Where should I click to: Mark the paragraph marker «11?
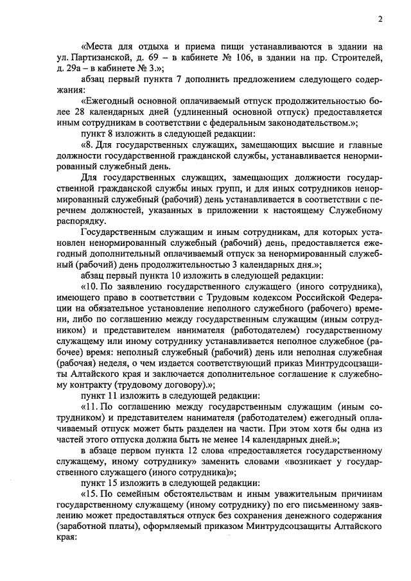click(90, 408)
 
